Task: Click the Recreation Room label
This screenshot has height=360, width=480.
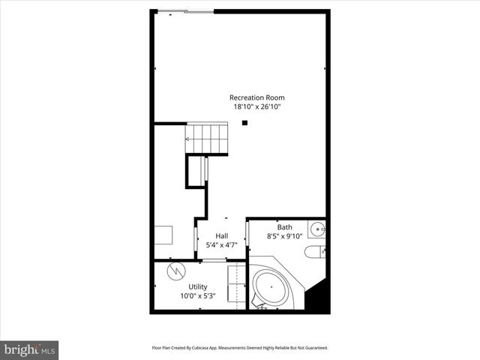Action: click(x=257, y=97)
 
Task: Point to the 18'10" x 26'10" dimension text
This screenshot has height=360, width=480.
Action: click(x=257, y=107)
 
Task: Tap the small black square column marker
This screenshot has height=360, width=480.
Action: click(x=244, y=124)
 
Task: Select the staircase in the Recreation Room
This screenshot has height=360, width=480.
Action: click(x=208, y=139)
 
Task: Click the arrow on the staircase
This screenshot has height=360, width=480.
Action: click(x=188, y=139)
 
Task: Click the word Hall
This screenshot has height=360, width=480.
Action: click(x=222, y=235)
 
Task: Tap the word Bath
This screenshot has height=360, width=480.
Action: click(x=285, y=227)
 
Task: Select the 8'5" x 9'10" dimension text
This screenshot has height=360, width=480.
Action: click(x=285, y=237)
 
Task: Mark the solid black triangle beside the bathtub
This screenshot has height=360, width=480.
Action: click(x=319, y=298)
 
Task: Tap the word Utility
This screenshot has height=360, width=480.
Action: click(x=198, y=286)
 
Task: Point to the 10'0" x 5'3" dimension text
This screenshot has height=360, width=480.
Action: click(x=198, y=296)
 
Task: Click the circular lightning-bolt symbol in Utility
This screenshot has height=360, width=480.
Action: click(x=174, y=269)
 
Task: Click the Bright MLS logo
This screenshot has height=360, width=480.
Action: click(x=29, y=349)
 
